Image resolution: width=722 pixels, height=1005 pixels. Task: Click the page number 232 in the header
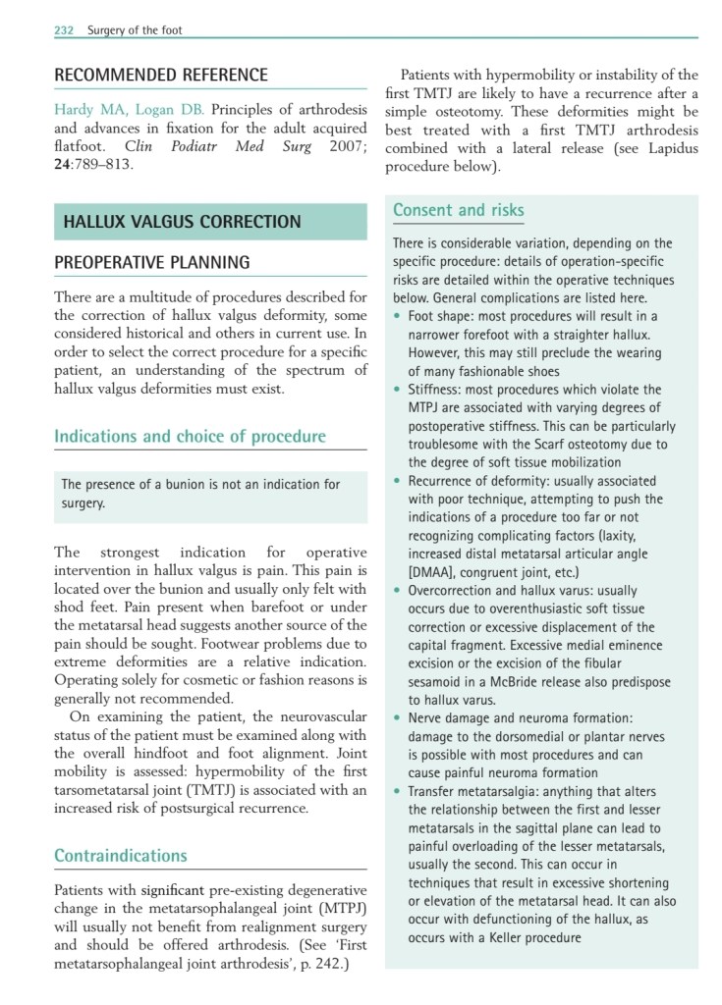click(65, 30)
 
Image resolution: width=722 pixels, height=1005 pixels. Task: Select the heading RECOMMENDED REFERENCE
click(161, 76)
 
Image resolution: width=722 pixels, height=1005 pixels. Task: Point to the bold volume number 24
click(64, 164)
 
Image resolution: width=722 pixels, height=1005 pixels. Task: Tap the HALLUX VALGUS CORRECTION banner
click(182, 222)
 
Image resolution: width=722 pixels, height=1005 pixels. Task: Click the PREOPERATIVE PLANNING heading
click(152, 263)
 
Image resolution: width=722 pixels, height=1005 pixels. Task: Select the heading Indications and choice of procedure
click(190, 436)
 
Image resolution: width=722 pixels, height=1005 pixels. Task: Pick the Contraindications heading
click(121, 856)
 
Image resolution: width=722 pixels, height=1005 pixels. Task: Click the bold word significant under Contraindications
click(173, 890)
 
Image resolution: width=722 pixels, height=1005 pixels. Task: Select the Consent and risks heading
click(459, 210)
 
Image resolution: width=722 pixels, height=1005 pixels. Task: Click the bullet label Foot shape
click(444, 316)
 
